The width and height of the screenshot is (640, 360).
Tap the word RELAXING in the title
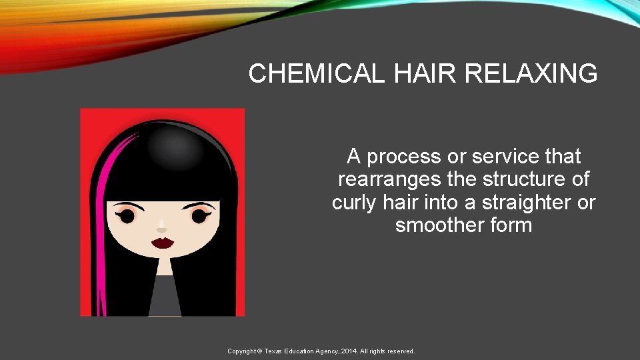(524, 74)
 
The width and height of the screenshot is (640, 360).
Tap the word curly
(357, 203)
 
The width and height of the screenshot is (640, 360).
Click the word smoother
(438, 225)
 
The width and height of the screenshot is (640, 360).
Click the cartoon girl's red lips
(162, 242)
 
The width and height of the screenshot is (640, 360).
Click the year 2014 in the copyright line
(351, 351)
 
